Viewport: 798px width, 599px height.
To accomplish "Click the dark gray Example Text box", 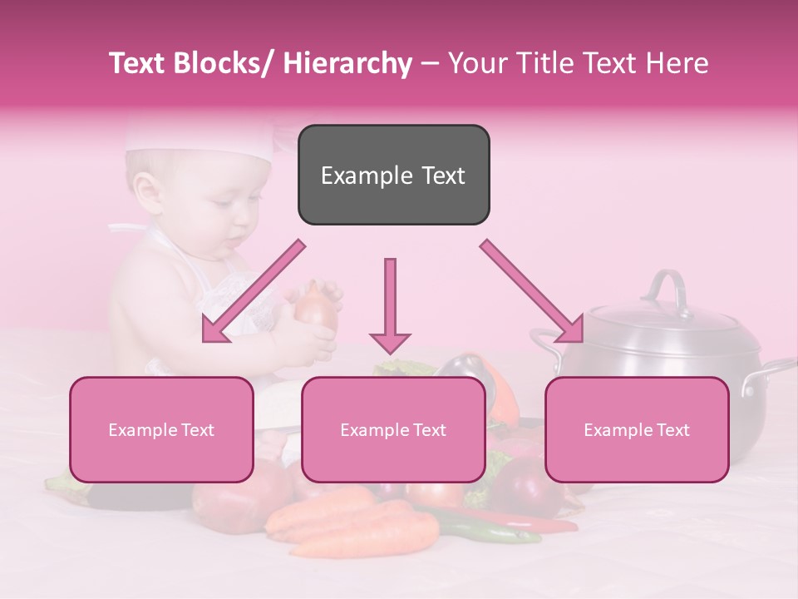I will point(393,175).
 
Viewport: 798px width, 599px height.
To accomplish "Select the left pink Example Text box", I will point(161,429).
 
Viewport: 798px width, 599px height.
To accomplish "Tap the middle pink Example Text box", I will point(393,429).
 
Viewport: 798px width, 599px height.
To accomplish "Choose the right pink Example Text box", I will point(637,429).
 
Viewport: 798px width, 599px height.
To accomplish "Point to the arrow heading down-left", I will point(254,291).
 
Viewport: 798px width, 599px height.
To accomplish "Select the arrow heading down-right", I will point(532,291).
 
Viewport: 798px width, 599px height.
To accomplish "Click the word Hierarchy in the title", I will point(347,63).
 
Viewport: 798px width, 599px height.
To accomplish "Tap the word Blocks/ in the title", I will point(226,63).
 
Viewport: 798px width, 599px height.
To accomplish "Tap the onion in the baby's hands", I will point(316,308).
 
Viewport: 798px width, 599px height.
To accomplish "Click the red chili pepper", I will point(532,522).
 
